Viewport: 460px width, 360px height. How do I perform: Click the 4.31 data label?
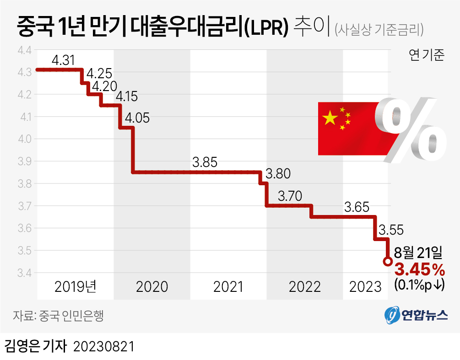64,60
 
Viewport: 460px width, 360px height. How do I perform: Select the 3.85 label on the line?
205,162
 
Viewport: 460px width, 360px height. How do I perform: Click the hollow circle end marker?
387,262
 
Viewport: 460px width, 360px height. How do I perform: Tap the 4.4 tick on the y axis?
23,50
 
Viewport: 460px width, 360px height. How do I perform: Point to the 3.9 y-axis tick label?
23,161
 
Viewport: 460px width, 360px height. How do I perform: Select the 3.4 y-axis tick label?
23,273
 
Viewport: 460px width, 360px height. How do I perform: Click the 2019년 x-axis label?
76,287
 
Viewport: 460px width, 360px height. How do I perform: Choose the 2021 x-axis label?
228,287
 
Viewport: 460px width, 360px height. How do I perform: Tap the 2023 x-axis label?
365,287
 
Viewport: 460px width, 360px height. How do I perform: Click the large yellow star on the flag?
329,118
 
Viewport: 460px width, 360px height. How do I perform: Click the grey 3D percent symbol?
410,130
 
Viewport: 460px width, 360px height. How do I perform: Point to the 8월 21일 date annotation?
418,252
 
